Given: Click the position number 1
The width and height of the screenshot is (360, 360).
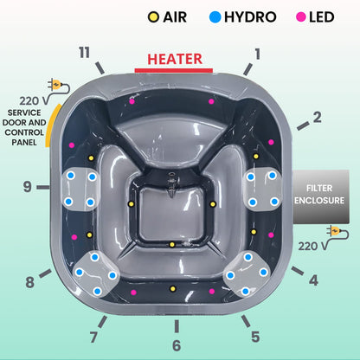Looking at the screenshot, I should click(256, 53).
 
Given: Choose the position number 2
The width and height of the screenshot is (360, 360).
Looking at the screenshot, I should click(317, 117).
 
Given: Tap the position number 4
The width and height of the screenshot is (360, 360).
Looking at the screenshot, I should click(313, 280).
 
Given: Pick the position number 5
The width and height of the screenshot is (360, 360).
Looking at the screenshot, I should click(254, 337).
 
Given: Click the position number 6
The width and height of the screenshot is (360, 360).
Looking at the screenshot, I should click(176, 345).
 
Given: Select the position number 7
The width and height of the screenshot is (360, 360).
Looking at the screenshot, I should click(93, 336).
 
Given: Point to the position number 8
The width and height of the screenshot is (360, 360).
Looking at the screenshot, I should click(30, 281).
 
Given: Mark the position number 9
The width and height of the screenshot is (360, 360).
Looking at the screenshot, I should click(28, 185).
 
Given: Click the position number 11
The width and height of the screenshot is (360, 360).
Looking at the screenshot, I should click(83, 53).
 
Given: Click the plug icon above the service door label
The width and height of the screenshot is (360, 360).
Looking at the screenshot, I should click(59, 85).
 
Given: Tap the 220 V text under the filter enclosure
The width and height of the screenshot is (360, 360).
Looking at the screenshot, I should click(310, 246).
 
